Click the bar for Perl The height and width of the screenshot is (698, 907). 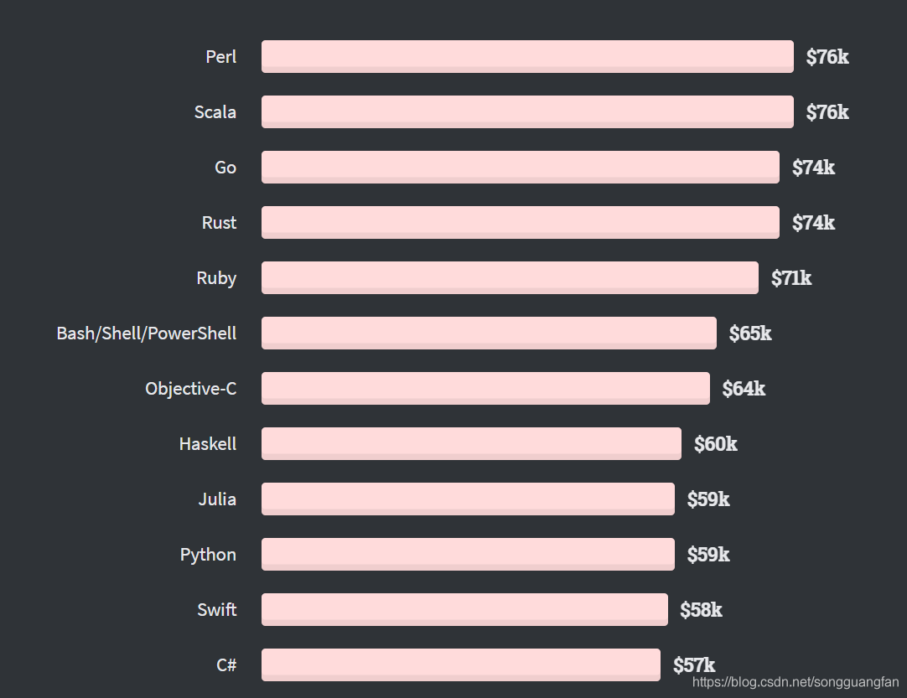pos(527,57)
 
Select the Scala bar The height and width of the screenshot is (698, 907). pos(527,111)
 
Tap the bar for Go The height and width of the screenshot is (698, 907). pos(521,167)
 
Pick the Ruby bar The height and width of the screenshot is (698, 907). pos(510,277)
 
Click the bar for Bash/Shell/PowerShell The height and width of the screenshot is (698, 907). pos(489,333)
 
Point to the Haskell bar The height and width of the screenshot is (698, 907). pos(471,443)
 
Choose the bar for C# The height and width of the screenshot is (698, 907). pos(461,665)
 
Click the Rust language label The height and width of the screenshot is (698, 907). pos(220,223)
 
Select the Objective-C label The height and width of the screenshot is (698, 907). pos(191,389)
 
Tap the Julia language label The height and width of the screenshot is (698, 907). pos(217,499)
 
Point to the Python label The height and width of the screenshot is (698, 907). pos(208,556)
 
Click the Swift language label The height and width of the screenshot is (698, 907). pos(217,609)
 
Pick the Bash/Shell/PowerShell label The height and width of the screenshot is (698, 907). pos(147,333)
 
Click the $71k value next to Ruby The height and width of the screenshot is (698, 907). pos(791,278)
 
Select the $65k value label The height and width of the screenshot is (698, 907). pos(750,333)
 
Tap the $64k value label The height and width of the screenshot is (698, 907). pos(744,389)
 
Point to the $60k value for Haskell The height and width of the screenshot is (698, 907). pos(716,444)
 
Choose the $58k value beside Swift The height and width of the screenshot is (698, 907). pos(701,609)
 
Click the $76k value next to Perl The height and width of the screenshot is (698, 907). pos(827,57)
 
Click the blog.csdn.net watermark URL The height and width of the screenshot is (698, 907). pos(796,682)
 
